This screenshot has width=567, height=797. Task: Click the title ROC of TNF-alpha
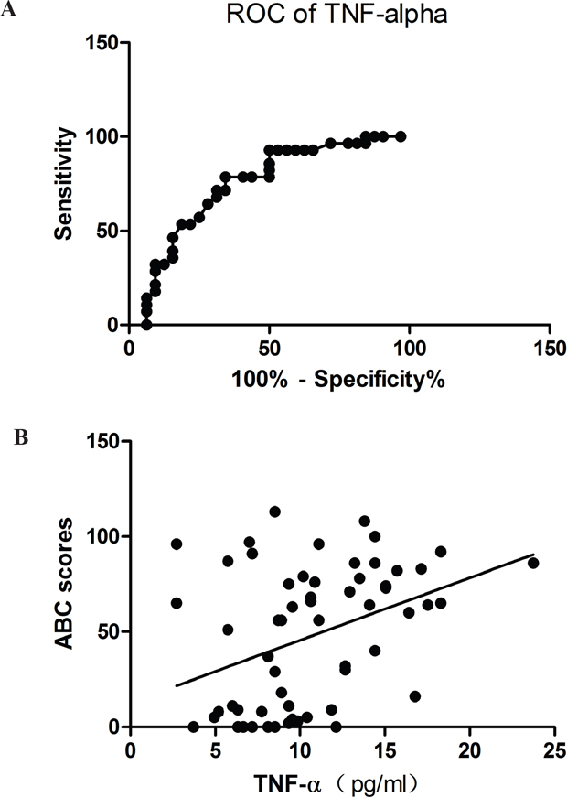(x=337, y=15)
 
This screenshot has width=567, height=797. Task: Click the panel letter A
(x=8, y=10)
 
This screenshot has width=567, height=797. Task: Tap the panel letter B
(x=21, y=437)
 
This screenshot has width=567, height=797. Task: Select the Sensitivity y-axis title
(x=65, y=184)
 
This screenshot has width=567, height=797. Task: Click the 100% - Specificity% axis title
(x=338, y=379)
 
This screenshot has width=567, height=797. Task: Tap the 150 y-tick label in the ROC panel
(x=102, y=43)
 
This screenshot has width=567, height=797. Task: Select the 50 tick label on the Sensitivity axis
(x=107, y=231)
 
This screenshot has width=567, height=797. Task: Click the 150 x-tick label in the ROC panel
(x=550, y=349)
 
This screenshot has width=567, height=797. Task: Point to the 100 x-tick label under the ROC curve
(x=410, y=349)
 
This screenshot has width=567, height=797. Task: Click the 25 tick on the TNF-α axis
(x=554, y=750)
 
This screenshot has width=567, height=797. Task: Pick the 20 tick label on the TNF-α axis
(x=469, y=750)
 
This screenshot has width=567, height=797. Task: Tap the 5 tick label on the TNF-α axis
(x=216, y=750)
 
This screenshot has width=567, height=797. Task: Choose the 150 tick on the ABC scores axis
(x=102, y=441)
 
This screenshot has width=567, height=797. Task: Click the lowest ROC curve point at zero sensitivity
(x=146, y=324)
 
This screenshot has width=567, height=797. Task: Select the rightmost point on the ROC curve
(x=401, y=136)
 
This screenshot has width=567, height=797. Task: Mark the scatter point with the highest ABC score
(x=275, y=512)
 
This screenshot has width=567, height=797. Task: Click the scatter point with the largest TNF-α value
(x=533, y=563)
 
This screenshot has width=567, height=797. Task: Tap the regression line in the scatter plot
(x=355, y=620)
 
